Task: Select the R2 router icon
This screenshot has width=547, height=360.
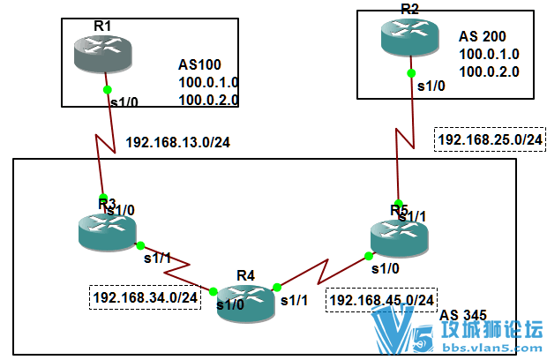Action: click(x=409, y=35)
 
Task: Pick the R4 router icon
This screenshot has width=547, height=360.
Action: click(x=244, y=304)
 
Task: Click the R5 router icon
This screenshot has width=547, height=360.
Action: click(x=398, y=234)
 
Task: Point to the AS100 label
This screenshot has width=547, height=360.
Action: click(x=199, y=64)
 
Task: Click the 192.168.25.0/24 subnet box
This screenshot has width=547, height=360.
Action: click(x=490, y=139)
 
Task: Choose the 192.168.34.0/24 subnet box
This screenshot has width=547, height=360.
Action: click(x=144, y=297)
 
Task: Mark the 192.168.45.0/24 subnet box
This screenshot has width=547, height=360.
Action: click(x=382, y=301)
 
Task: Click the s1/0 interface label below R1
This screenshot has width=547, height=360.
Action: click(x=123, y=103)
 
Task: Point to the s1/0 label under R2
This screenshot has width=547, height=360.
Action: click(x=431, y=86)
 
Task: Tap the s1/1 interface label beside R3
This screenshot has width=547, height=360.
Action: click(x=157, y=259)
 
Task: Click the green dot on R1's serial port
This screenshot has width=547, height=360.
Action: click(x=107, y=89)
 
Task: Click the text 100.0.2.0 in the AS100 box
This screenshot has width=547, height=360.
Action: click(x=208, y=100)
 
